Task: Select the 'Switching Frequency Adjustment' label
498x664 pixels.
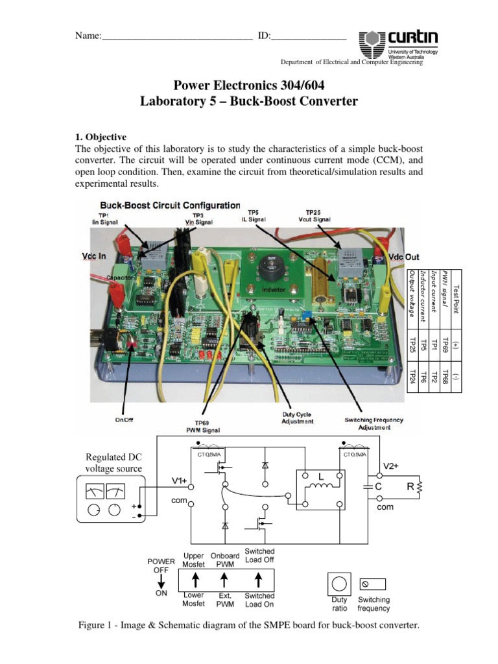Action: (x=373, y=423)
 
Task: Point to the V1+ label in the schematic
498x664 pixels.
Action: (x=180, y=480)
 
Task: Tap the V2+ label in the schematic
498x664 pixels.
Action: (x=390, y=466)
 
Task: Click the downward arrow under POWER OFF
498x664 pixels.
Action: (x=161, y=580)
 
